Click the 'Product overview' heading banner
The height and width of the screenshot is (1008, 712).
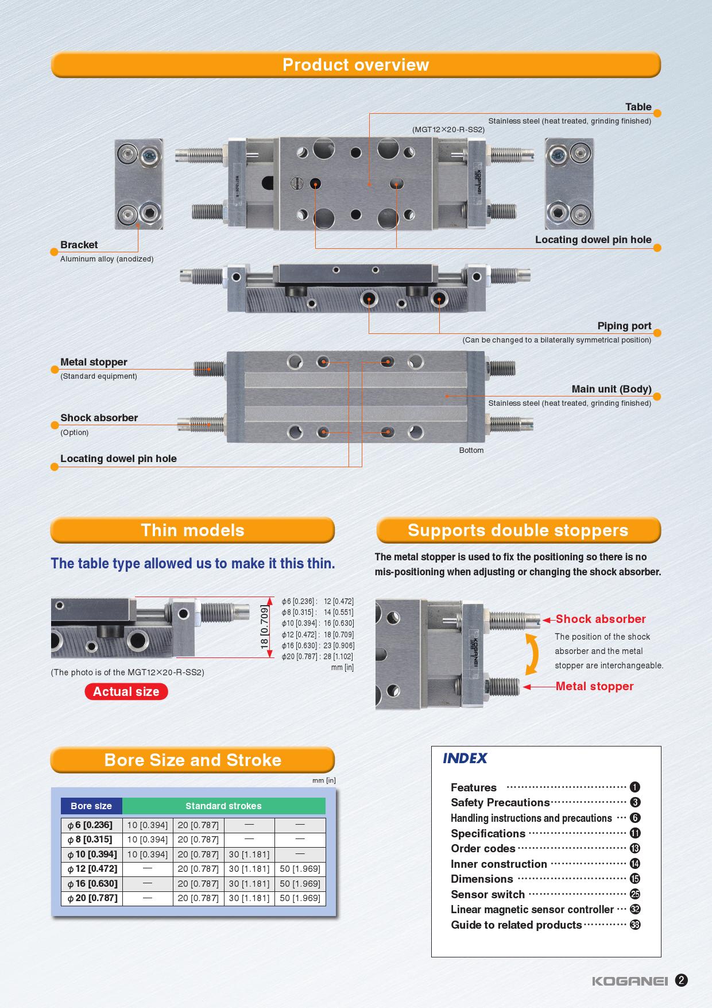355,65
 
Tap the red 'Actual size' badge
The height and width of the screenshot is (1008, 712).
126,692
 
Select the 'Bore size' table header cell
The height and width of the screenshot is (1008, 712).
91,806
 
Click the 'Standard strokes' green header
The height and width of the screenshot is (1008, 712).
223,806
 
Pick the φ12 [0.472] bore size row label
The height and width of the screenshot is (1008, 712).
92,869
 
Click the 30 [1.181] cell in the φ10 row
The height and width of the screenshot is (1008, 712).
249,854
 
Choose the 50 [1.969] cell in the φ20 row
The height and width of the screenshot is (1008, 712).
300,898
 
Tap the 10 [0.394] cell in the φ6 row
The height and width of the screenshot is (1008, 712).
148,825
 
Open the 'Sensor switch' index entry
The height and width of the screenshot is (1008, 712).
487,894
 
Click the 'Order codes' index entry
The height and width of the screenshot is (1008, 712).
483,848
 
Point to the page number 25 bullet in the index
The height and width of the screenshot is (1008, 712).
635,894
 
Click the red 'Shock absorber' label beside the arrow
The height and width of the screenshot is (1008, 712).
601,619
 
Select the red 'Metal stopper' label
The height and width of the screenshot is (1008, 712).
594,686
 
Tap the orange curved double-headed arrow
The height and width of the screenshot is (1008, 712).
533,654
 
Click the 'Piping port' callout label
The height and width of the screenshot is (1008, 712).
624,326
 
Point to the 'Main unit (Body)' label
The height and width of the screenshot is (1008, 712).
611,389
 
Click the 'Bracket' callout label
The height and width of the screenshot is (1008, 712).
79,245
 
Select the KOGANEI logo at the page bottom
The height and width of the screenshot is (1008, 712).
630,981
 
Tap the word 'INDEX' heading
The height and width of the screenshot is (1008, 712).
465,759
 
